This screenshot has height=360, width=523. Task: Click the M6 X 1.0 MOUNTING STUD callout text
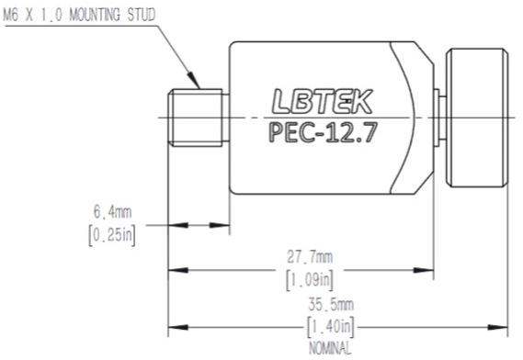tap(79, 15)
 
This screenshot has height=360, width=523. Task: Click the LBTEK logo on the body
tap(323, 101)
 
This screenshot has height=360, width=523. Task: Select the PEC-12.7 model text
tap(323, 132)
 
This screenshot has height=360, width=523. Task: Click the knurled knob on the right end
tap(477, 118)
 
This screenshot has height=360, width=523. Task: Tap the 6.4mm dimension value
tap(112, 212)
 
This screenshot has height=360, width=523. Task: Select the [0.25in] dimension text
tap(112, 235)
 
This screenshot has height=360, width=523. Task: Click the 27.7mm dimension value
tap(310, 257)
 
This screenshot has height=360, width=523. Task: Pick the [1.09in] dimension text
tap(310, 280)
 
